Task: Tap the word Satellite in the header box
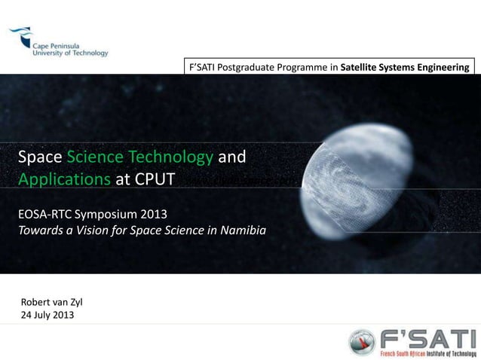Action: click(360, 69)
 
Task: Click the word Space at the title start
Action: click(40, 158)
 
